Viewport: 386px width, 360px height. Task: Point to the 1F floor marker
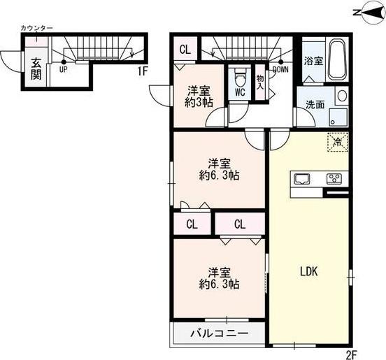pyautogui.click(x=142, y=70)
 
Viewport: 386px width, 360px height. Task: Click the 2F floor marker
pyautogui.click(x=350, y=354)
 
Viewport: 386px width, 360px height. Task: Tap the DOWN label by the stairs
pyautogui.click(x=280, y=70)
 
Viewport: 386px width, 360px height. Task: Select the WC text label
pyautogui.click(x=239, y=92)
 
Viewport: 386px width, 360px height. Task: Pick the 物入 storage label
pyautogui.click(x=261, y=82)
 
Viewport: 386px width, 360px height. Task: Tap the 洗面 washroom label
pyautogui.click(x=313, y=105)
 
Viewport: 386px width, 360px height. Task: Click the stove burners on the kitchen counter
pyautogui.click(x=334, y=178)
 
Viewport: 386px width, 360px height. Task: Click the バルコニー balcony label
pyautogui.click(x=219, y=333)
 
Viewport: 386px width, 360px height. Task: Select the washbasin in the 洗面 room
pyautogui.click(x=341, y=97)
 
